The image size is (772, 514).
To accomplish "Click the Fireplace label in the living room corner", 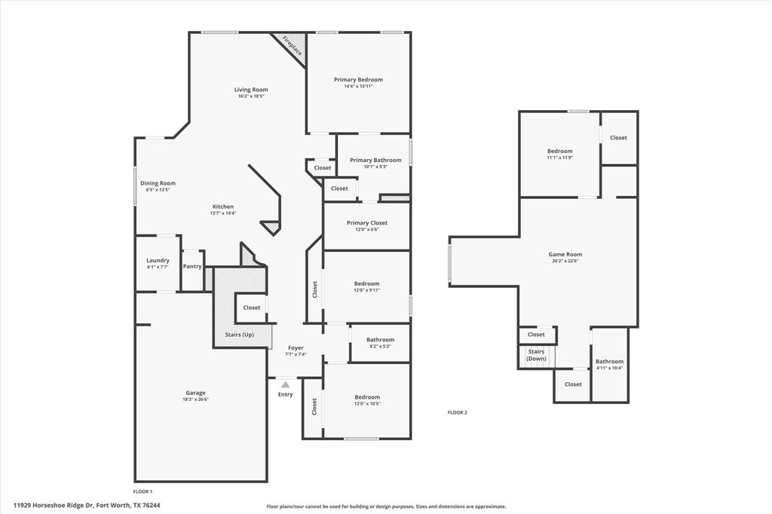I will point(293,47).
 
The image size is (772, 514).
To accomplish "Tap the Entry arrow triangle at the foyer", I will point(285,384).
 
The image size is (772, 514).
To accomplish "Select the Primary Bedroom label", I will point(358,80).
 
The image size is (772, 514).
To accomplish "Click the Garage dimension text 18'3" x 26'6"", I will point(195,399).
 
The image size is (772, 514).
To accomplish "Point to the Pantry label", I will point(192,266).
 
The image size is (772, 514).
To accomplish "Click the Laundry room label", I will point(158,261).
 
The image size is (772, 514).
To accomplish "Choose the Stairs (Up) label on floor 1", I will point(239,334).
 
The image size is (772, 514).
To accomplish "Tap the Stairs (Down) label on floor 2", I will point(536,355).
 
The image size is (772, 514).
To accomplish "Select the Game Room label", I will point(565,255).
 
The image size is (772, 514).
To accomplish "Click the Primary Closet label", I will point(366,223).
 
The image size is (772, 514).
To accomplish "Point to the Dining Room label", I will point(158,183).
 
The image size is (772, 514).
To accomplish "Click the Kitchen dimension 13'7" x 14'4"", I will point(223,213).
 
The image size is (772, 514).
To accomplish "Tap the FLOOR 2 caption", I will point(457,412).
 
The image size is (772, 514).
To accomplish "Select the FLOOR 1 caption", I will point(142,491).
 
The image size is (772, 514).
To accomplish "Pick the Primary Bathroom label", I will point(375,160).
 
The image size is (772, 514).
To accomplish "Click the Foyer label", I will point(296,348).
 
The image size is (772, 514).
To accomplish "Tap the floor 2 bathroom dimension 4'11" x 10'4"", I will point(609,368).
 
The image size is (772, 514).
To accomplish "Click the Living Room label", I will point(251,90).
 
